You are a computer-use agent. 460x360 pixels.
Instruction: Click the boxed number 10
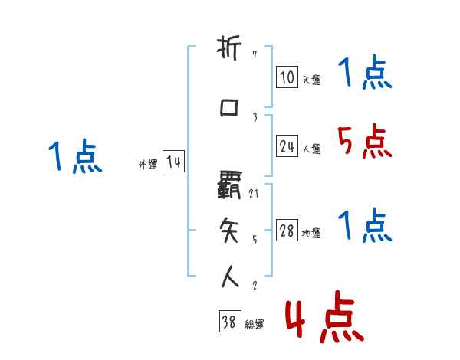(287, 78)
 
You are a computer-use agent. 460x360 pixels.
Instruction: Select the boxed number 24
(287, 147)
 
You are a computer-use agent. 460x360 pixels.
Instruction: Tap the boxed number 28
(287, 231)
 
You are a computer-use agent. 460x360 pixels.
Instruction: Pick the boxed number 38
(228, 322)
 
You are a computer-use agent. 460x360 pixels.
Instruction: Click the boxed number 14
(173, 162)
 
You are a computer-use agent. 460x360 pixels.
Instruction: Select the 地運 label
(311, 234)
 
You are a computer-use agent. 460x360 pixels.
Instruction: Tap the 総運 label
(255, 325)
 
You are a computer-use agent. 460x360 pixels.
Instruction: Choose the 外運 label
(147, 165)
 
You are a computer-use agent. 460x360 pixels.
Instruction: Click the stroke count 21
(255, 194)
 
